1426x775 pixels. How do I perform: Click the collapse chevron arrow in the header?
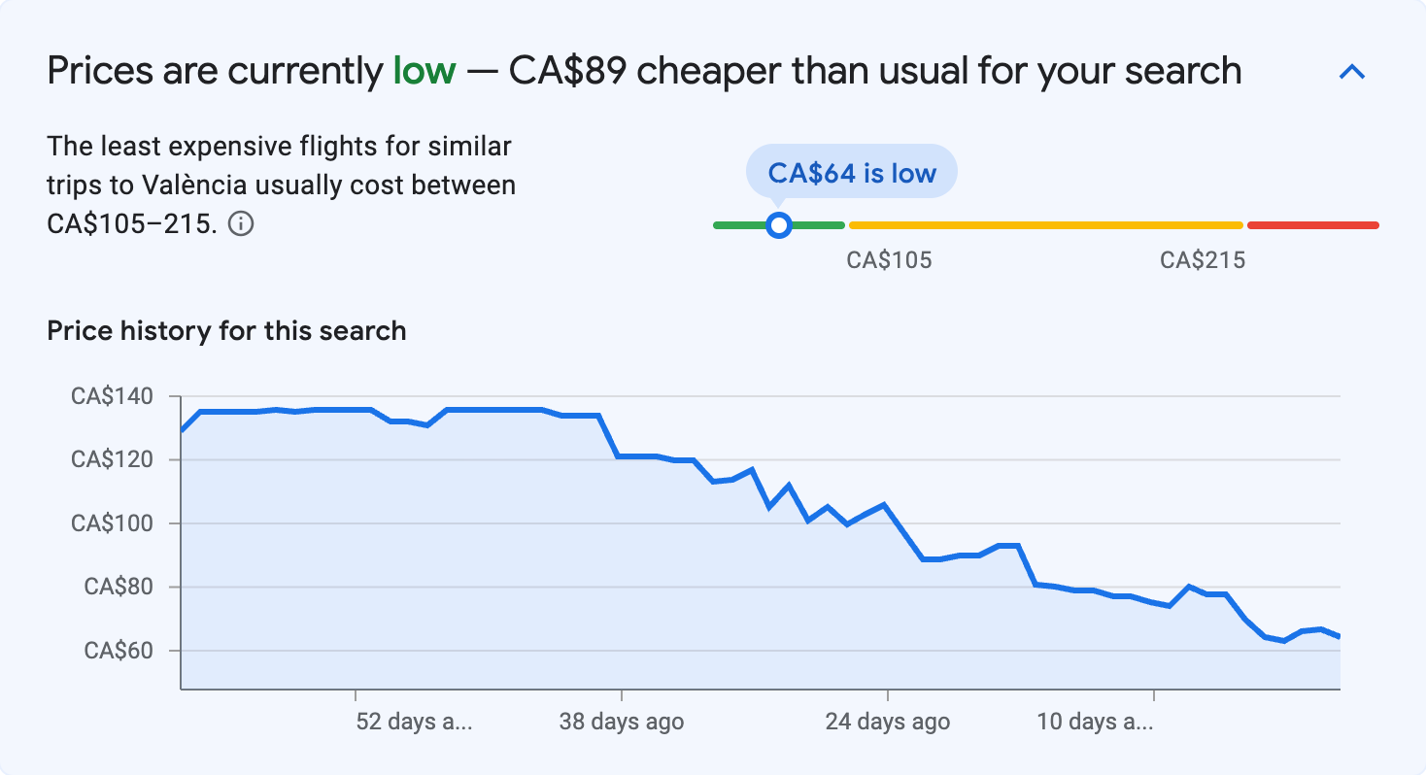[1352, 72]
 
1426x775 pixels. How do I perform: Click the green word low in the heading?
[424, 71]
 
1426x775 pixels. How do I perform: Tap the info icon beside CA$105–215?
[241, 224]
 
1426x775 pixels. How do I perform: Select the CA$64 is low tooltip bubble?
[851, 173]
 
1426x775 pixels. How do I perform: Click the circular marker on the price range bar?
[778, 225]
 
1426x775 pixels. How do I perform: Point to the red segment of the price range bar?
[1312, 225]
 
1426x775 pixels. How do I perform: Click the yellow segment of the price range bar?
[1045, 225]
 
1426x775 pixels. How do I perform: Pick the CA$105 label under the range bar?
[889, 260]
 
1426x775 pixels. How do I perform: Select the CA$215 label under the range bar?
[1203, 260]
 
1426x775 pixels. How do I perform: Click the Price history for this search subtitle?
[226, 331]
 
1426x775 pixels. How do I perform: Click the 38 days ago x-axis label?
[622, 723]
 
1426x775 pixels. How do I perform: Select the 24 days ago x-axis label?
[888, 723]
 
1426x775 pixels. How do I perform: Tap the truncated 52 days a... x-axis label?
[415, 723]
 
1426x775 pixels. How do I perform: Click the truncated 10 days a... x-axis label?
[1095, 723]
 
